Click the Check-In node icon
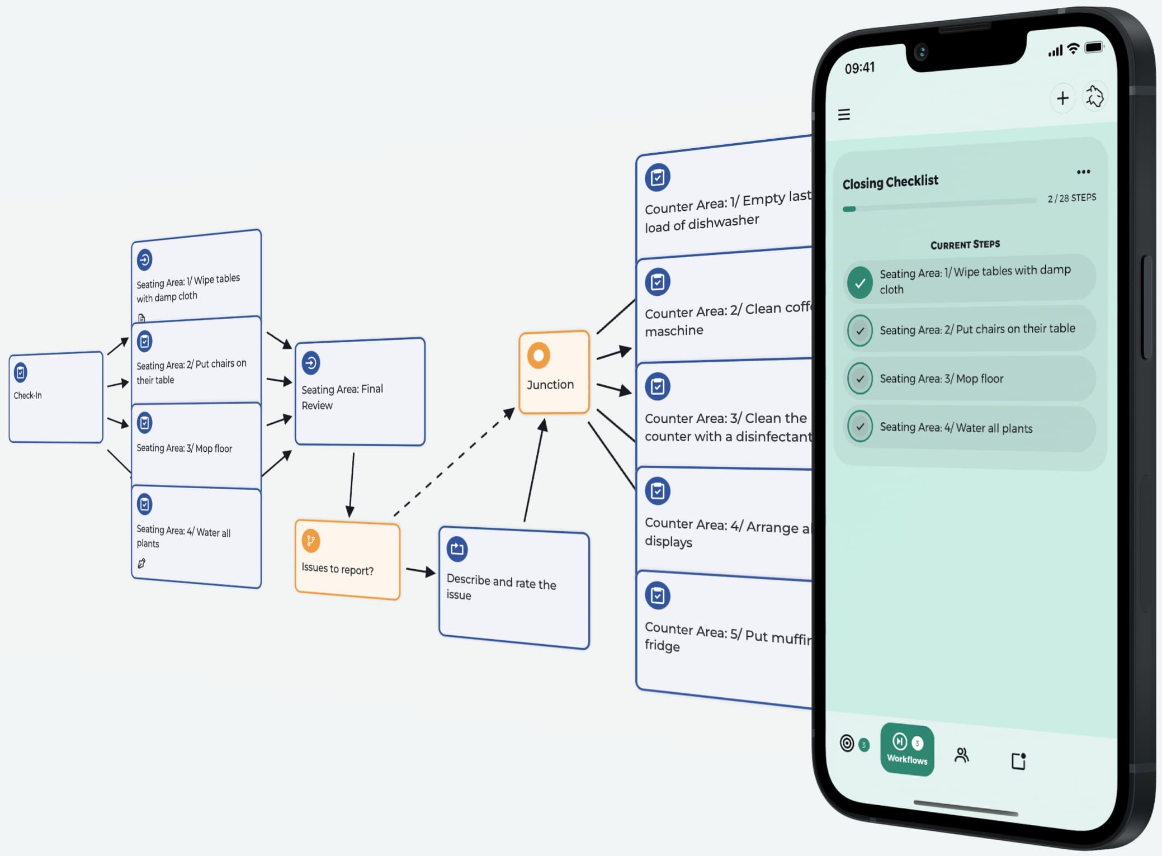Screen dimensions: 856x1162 (x=21, y=372)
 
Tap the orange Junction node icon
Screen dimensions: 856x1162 (x=539, y=356)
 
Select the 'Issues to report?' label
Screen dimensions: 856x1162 (x=337, y=569)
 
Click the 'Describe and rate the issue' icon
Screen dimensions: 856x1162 (x=457, y=548)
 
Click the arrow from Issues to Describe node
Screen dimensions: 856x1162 (x=420, y=571)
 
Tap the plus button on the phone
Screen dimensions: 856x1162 (x=1062, y=98)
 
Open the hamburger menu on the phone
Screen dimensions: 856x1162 (x=844, y=115)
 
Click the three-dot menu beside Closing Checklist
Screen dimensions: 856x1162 (x=1083, y=172)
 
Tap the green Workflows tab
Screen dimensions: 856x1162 (x=907, y=750)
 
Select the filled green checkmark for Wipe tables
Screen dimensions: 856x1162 (x=860, y=282)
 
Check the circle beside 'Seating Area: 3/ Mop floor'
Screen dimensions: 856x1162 (x=860, y=379)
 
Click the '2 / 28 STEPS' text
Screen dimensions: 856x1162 (x=1071, y=198)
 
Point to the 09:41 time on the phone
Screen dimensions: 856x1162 (x=859, y=68)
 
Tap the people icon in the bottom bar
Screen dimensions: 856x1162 (x=961, y=755)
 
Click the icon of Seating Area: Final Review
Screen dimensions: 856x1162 (x=311, y=363)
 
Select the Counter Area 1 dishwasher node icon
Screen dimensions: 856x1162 (x=658, y=178)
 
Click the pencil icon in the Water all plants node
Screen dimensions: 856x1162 (x=141, y=564)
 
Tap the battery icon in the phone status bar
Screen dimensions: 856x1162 (x=1094, y=47)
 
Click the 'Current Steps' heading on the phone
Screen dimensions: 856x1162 (x=965, y=244)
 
